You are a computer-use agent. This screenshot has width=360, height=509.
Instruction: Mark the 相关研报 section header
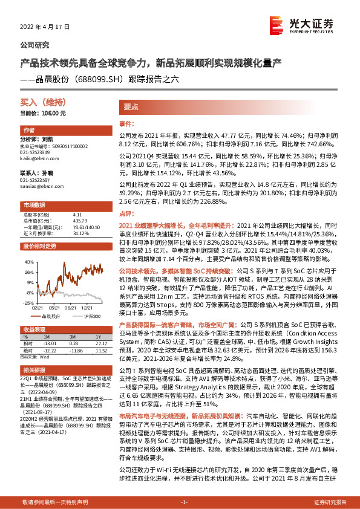pos(34,369)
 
